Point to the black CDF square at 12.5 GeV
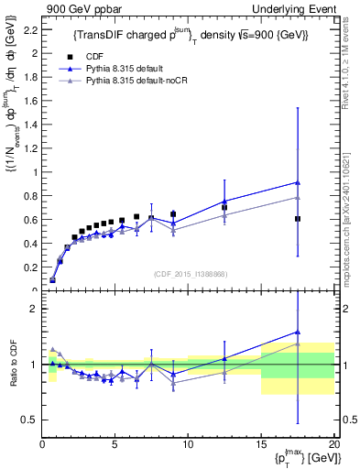coord(224,208)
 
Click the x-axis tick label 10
coord(188,445)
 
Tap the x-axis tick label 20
coord(333,445)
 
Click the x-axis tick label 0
coord(42,445)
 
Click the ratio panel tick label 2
coord(32,310)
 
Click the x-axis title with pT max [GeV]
coord(302,459)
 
